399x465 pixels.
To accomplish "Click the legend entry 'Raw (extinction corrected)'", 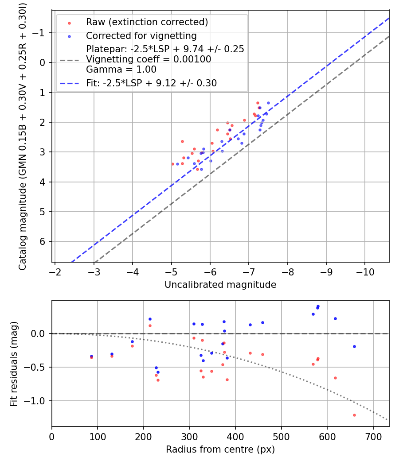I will [x=147, y=22].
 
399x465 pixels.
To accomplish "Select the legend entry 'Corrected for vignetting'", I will [x=141, y=35].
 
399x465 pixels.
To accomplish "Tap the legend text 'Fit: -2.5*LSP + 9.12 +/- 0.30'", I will [x=151, y=83].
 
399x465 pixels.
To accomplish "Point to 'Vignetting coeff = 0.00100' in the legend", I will [x=149, y=59].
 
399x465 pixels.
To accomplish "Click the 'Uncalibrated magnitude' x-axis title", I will [x=220, y=285].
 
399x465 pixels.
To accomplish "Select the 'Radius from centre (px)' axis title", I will [x=220, y=449].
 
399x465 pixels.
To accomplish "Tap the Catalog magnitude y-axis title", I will [x=22, y=136].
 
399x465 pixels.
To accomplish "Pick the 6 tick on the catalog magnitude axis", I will [x=43, y=241].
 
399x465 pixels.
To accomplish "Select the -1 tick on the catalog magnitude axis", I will [x=40, y=33].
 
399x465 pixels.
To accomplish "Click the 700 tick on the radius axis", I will [x=373, y=436].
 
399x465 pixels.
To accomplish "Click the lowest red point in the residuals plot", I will [x=354, y=415].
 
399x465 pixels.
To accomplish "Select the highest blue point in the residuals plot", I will [x=318, y=306].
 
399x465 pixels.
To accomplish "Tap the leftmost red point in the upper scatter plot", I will [x=172, y=164].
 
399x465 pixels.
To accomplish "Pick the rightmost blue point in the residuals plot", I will [x=354, y=346].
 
